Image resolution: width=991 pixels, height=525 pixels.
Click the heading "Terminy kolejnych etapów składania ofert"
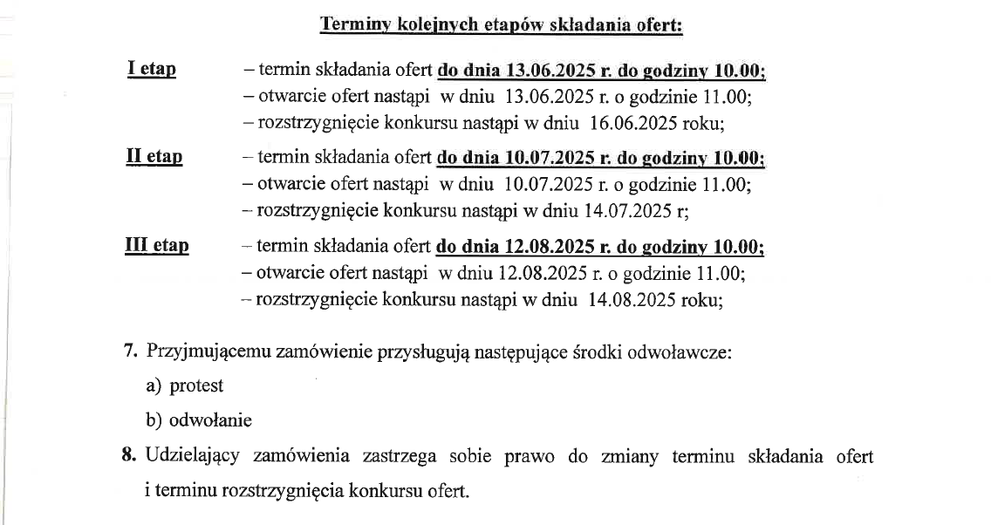501,24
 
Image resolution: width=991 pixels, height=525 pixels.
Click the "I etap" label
151,70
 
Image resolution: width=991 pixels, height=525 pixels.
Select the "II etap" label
154,157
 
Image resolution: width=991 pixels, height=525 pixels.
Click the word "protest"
196,385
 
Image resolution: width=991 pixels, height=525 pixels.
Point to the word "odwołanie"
210,420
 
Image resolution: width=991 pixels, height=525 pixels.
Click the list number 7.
131,352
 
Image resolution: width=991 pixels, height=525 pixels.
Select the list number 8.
131,456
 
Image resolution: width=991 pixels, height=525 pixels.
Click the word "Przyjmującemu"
208,352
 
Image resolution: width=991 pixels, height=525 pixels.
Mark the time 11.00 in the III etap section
721,273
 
